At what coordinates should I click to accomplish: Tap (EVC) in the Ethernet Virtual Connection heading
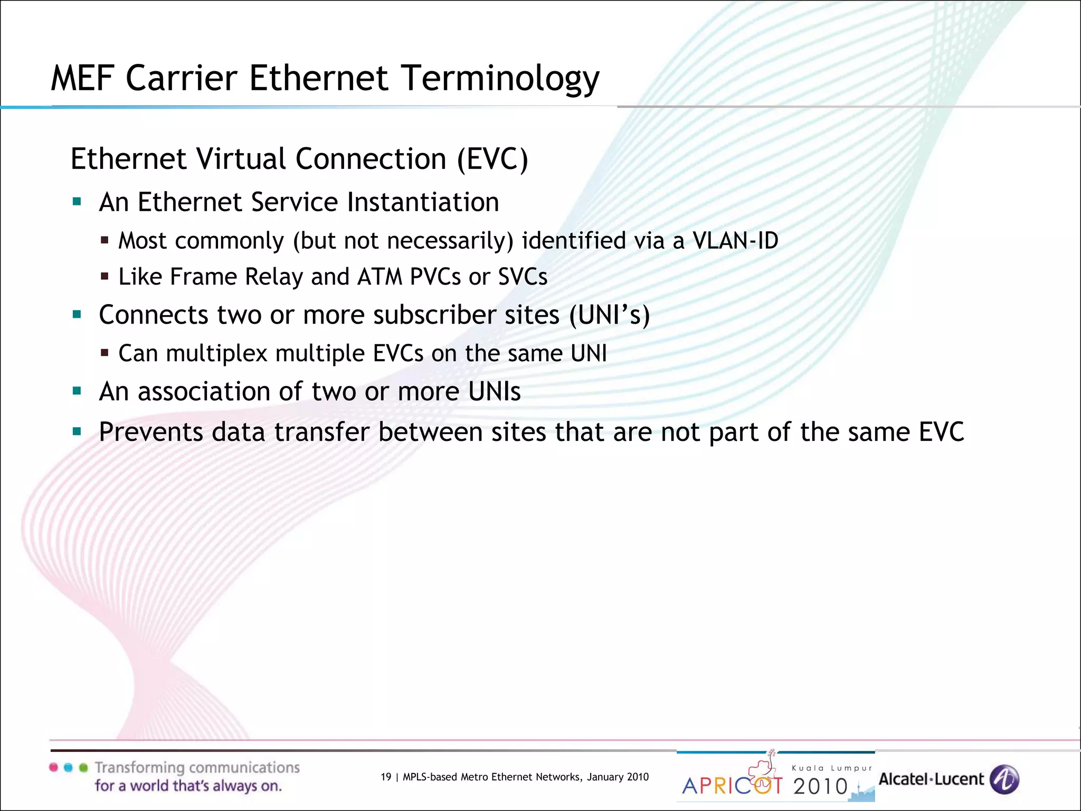click(x=492, y=159)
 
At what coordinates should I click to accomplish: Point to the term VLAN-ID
click(x=735, y=241)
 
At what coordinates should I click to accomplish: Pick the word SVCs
click(x=523, y=277)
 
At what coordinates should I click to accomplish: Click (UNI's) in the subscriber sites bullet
click(x=610, y=315)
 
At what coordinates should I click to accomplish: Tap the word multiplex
click(x=216, y=353)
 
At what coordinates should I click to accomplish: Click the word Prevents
click(x=150, y=432)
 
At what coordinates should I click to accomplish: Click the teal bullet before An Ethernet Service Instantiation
click(x=77, y=201)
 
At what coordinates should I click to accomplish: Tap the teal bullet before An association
click(x=77, y=391)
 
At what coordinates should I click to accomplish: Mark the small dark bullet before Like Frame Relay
click(x=105, y=276)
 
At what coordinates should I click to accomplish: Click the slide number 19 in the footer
click(x=386, y=777)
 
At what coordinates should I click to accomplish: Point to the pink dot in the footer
click(x=53, y=767)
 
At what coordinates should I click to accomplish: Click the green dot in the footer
click(x=83, y=767)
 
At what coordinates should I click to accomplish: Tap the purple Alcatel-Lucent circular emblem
click(x=1004, y=779)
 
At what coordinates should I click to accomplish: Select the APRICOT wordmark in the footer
click(x=733, y=786)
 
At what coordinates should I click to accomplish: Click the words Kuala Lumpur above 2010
click(x=832, y=768)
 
